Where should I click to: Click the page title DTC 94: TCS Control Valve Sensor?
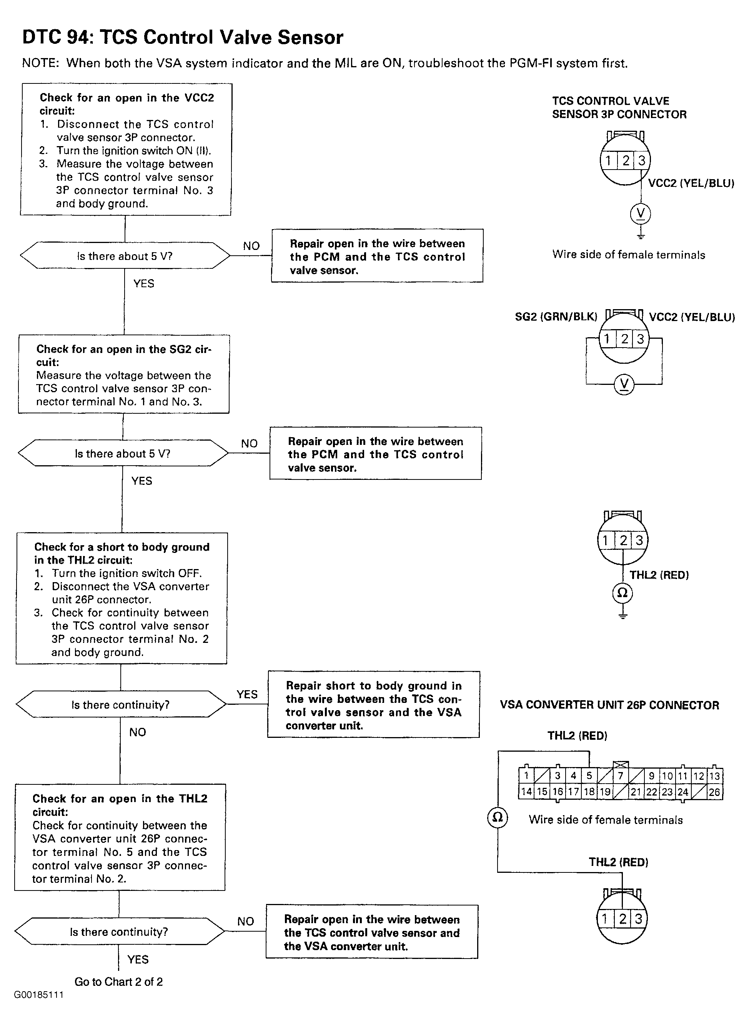[x=183, y=37]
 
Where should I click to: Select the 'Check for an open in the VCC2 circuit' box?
[x=126, y=149]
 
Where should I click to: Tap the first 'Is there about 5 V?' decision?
[x=125, y=256]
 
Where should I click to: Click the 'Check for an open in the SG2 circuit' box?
[x=124, y=374]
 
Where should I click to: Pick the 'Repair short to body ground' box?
[x=374, y=704]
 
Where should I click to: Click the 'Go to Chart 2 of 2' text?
[x=118, y=981]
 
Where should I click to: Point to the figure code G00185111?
[x=38, y=995]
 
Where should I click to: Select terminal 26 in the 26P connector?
[x=714, y=792]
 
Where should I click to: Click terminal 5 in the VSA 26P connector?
[x=589, y=776]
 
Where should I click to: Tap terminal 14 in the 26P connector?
[x=526, y=792]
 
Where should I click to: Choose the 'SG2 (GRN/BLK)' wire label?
[x=556, y=316]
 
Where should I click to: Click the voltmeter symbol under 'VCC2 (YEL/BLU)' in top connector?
[x=640, y=213]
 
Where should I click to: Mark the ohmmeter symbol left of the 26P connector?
[x=498, y=817]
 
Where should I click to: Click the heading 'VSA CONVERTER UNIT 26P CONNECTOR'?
[x=609, y=705]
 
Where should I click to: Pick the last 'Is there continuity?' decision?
[x=119, y=931]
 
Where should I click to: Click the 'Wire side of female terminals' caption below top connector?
[x=628, y=255]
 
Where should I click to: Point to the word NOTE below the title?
[x=40, y=63]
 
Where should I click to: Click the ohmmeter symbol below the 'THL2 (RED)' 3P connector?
[x=623, y=593]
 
